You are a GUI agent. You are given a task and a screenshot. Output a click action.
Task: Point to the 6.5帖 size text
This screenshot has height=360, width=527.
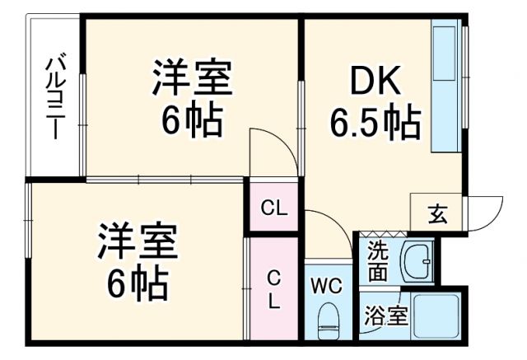click(x=375, y=124)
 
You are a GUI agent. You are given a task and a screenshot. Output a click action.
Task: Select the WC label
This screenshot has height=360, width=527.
click(x=327, y=285)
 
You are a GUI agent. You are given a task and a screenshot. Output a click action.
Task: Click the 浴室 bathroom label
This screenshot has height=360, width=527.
click(x=385, y=316)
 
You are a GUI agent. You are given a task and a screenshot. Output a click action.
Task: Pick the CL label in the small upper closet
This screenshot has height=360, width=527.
click(x=274, y=208)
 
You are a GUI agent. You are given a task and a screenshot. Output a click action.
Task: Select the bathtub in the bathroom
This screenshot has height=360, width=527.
click(x=437, y=315)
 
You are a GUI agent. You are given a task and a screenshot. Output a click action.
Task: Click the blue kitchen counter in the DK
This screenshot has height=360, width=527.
click(x=446, y=86)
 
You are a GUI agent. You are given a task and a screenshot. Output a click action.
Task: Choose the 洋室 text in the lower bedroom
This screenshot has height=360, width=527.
click(x=138, y=243)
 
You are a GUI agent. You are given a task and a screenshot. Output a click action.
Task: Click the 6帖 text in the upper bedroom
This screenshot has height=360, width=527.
click(x=191, y=122)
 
